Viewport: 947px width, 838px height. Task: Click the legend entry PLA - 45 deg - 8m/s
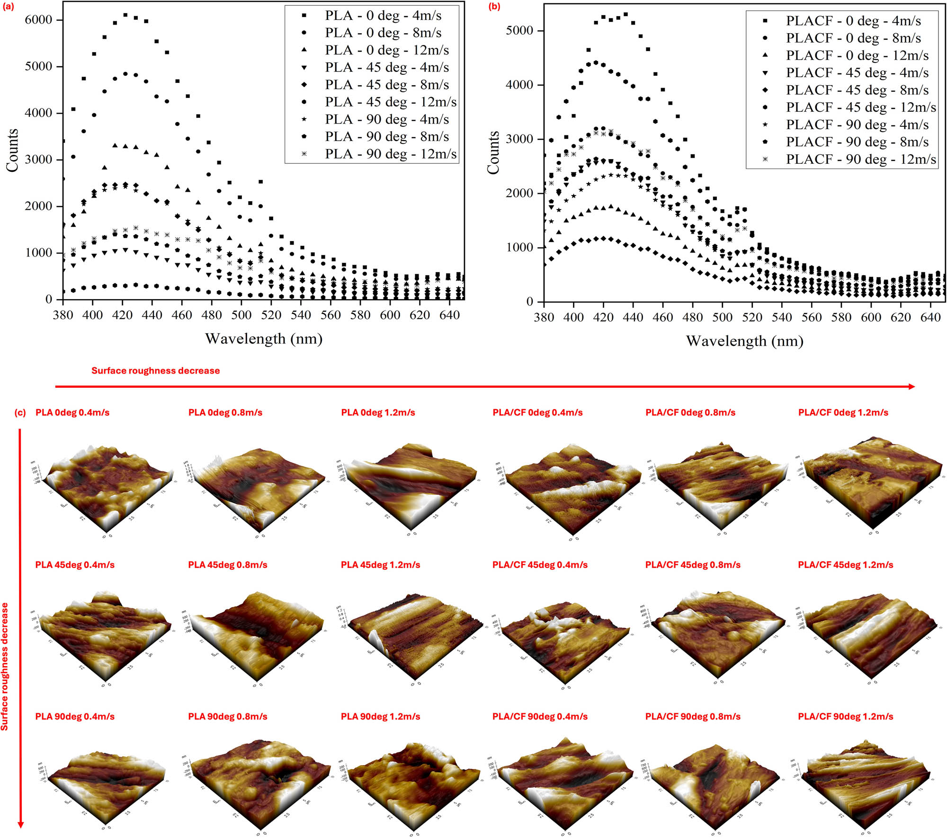[386, 85]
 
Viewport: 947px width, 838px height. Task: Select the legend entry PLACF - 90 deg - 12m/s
[860, 160]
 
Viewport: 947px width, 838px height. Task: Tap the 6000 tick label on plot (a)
[38, 20]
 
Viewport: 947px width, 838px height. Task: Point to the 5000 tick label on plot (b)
[519, 31]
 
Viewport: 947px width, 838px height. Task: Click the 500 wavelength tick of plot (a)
[241, 315]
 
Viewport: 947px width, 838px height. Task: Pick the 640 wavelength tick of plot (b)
[930, 318]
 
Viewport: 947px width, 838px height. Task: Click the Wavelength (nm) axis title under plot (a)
[264, 339]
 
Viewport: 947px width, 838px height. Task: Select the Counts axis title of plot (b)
[493, 152]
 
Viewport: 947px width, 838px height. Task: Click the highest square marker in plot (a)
[125, 15]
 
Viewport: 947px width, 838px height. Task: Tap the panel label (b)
[494, 7]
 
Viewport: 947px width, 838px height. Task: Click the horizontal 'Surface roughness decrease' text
[155, 371]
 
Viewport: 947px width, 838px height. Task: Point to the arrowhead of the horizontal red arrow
[911, 387]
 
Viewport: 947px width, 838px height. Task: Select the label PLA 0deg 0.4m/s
[72, 413]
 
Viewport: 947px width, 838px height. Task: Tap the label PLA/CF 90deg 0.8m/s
[692, 717]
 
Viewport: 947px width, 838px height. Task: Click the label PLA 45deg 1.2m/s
[380, 565]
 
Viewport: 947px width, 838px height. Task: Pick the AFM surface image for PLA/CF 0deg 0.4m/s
[568, 488]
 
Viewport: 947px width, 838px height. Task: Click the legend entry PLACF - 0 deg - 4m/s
[853, 21]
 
